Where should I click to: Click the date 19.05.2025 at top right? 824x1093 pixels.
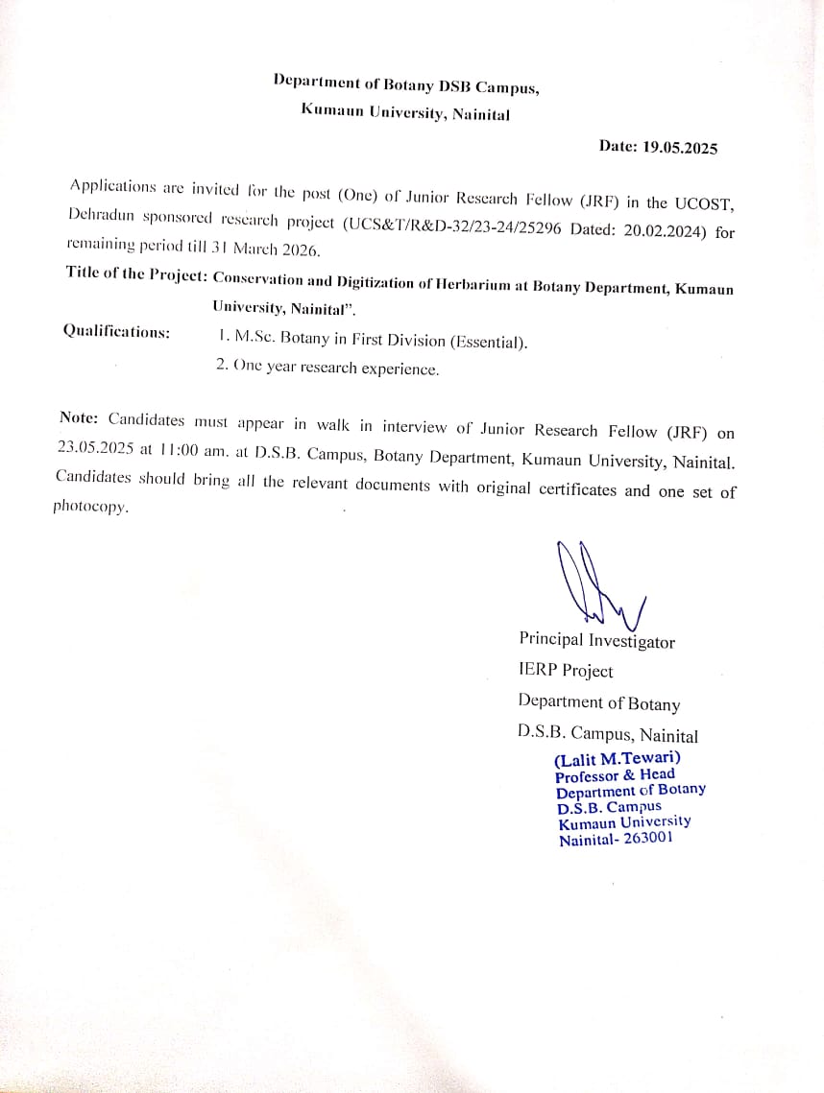pos(680,147)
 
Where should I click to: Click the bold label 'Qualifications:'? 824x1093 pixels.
pos(116,331)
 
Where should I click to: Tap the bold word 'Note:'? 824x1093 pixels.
pos(80,417)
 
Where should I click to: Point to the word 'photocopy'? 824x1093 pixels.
pos(89,507)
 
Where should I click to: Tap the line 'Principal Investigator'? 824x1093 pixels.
pos(596,640)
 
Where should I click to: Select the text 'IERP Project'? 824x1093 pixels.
pos(565,671)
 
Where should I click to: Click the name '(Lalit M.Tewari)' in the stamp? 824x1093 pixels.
pos(618,758)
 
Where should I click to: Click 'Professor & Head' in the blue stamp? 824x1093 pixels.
pos(615,774)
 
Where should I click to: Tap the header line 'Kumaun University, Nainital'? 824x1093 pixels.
pos(405,111)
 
